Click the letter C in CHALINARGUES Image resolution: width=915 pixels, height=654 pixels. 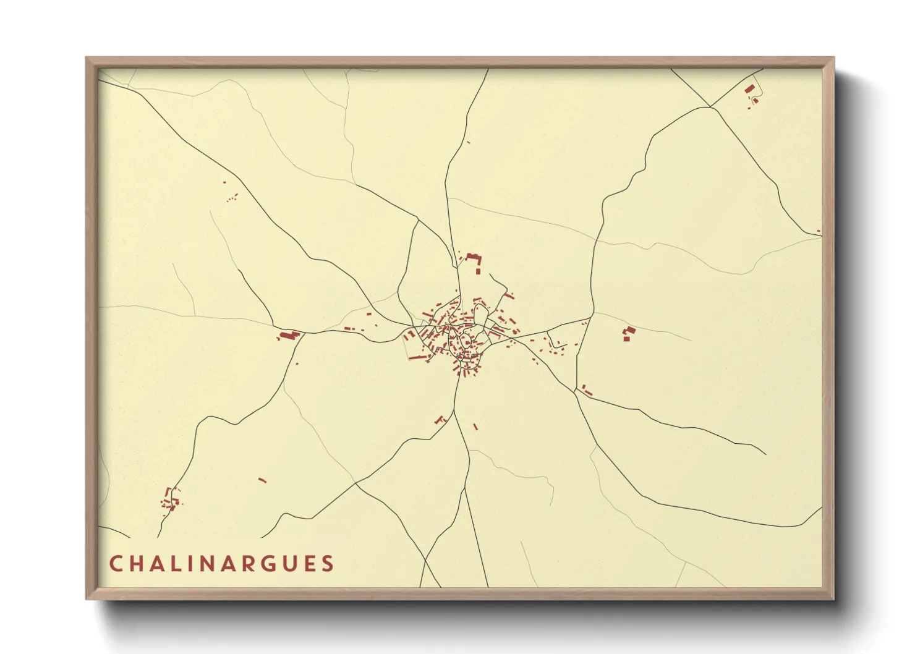click(x=116, y=564)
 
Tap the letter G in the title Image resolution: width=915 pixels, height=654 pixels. click(x=269, y=564)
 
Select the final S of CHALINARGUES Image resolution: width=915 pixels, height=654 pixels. click(x=328, y=564)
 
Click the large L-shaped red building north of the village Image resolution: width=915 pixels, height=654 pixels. click(x=474, y=261)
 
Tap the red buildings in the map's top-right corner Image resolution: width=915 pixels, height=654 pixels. click(x=751, y=93)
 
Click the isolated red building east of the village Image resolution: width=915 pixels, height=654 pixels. click(x=628, y=334)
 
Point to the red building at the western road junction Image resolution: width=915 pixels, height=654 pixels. click(x=289, y=335)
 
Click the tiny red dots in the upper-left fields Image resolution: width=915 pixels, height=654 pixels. click(x=232, y=198)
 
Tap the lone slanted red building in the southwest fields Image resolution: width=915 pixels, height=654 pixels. click(x=262, y=480)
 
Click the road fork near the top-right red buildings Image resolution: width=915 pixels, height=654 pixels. click(x=711, y=106)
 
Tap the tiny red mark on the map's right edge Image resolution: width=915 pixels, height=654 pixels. click(x=819, y=232)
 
